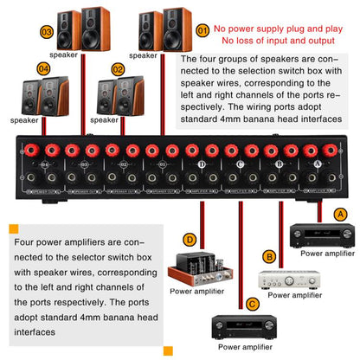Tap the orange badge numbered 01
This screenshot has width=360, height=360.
(202, 30)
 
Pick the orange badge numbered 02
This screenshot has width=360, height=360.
(119, 67)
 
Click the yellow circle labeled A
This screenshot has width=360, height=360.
(340, 213)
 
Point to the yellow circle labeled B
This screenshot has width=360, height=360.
(269, 256)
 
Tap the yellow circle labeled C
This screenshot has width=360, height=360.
(252, 304)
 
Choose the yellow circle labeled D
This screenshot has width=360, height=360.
(189, 238)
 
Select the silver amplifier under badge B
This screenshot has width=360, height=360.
(286, 278)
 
